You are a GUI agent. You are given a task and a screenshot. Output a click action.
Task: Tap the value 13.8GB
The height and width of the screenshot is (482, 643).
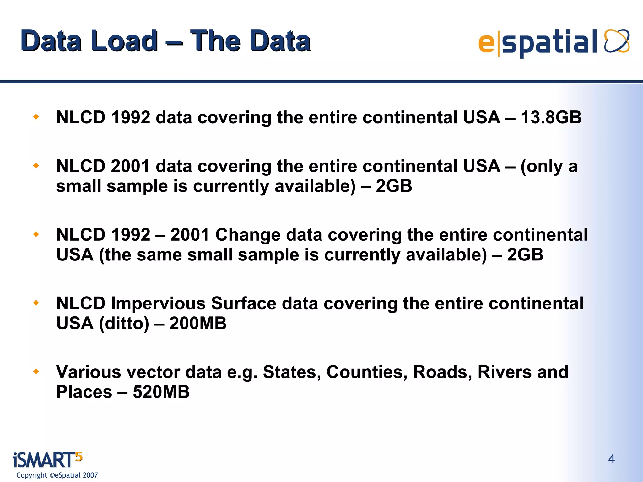tap(551, 117)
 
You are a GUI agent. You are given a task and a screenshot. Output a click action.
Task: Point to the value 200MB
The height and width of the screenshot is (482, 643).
tap(198, 323)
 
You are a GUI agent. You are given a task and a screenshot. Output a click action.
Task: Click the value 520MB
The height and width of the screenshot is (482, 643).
tap(161, 392)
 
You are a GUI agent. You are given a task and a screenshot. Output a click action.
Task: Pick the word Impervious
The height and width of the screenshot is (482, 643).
tap(158, 303)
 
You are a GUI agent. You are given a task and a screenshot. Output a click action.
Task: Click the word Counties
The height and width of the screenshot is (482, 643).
tap(367, 372)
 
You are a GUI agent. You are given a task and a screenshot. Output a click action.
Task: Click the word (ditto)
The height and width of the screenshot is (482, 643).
tap(124, 323)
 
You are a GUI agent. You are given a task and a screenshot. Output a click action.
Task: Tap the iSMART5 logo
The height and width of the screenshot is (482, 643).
tap(47, 460)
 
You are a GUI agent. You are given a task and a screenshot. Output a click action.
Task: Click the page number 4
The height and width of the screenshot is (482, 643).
tap(611, 459)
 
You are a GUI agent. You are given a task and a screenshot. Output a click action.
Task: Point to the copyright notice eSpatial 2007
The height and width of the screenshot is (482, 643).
tap(57, 475)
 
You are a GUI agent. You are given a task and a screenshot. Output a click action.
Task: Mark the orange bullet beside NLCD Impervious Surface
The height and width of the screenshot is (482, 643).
tap(36, 303)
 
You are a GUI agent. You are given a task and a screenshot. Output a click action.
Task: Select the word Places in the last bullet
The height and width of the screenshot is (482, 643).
tap(84, 392)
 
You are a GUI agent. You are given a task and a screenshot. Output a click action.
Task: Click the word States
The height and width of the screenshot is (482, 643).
tap(292, 372)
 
